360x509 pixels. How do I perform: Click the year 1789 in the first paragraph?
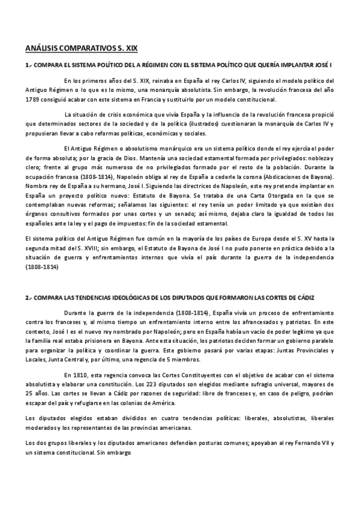pos(34,99)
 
